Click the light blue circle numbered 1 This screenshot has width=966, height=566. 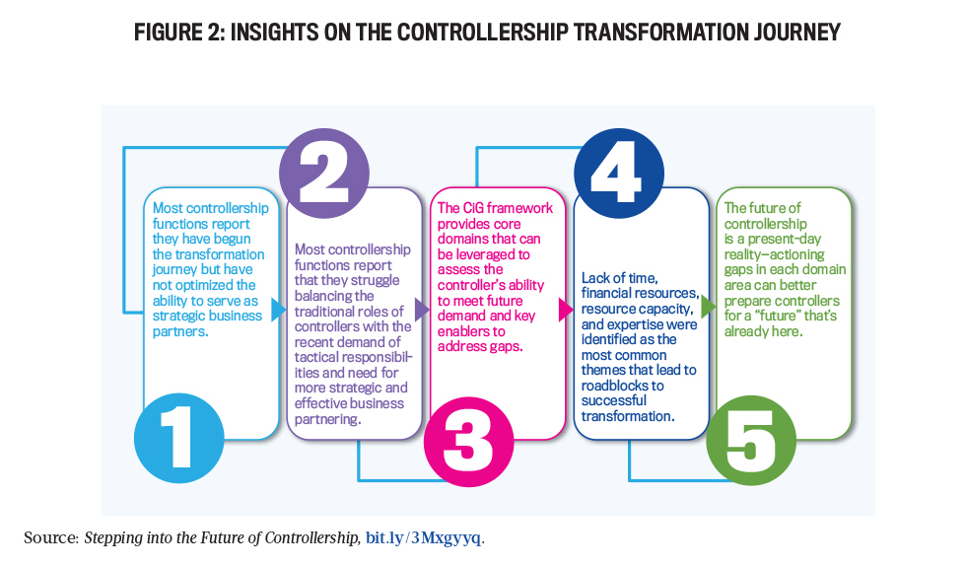179,439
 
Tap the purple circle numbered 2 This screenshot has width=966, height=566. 324,174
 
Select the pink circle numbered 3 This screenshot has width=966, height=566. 469,442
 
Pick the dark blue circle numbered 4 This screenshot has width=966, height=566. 619,174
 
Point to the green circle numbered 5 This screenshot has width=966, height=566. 751,440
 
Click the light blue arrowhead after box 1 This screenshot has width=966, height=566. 279,310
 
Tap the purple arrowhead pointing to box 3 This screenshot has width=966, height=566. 422,310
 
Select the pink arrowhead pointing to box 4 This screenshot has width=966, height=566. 566,310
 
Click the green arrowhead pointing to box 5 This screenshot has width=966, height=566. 709,307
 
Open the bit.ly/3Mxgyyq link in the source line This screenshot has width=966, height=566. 423,537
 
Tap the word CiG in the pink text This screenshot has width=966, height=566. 474,208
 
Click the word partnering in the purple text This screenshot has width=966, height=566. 326,419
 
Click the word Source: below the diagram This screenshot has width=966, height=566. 51,537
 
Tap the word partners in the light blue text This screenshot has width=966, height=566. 178,331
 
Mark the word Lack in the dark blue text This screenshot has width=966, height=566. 595,278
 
